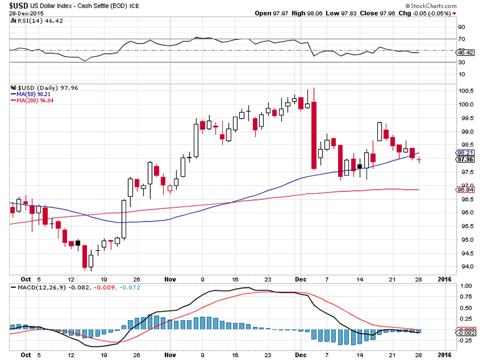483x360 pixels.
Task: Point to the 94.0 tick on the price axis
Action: pyautogui.click(x=465, y=267)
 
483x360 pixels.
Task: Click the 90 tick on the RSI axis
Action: pyautogui.click(x=462, y=27)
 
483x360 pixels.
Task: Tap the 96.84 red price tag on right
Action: pyautogui.click(x=465, y=190)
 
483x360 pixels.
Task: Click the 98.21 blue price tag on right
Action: pyautogui.click(x=465, y=153)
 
